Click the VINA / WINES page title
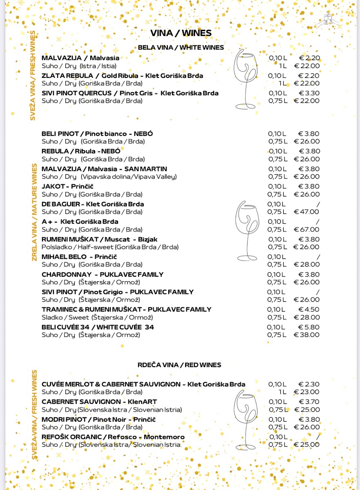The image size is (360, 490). click(181, 33)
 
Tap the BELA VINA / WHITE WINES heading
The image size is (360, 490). click(181, 47)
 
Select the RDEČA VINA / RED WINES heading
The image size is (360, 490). click(179, 365)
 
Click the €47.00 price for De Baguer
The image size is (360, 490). click(306, 212)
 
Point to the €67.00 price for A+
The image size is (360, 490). click(306, 229)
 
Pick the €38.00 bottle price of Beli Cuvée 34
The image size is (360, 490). click(306, 335)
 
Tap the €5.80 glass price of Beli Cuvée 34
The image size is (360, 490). click(309, 327)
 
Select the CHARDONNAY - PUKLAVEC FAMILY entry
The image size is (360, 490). click(103, 274)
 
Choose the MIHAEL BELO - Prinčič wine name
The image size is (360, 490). click(79, 257)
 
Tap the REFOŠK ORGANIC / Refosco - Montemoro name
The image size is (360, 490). click(113, 437)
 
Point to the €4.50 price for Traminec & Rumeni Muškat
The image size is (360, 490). click(309, 310)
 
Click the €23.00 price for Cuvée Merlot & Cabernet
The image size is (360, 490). click(306, 392)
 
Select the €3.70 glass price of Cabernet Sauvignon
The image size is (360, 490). click(309, 402)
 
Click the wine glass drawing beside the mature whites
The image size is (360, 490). click(247, 231)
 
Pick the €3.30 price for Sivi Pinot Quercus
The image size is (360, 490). click(309, 93)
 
